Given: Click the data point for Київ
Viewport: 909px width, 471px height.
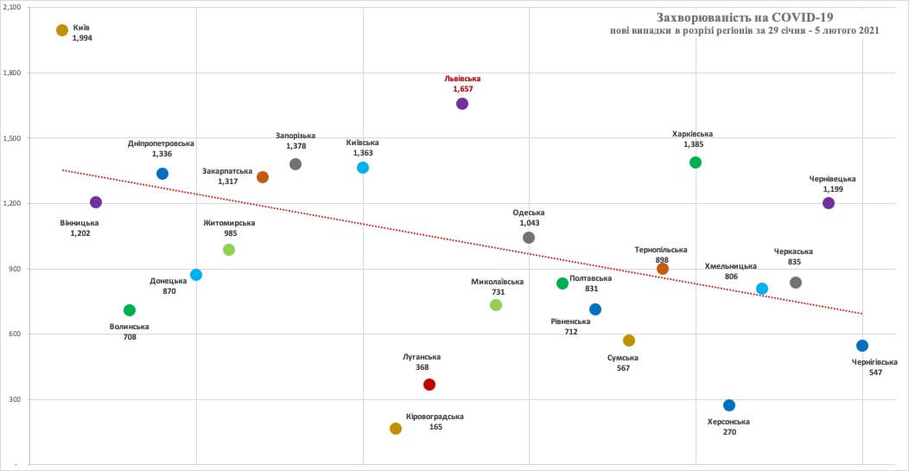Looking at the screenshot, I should click(x=62, y=30).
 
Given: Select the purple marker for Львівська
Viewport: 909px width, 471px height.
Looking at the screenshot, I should click(x=462, y=104).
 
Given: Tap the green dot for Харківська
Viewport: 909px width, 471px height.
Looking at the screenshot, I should click(x=696, y=162).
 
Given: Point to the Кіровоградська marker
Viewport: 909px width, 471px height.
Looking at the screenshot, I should click(x=396, y=429).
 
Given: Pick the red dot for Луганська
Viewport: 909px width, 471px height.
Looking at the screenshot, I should click(x=429, y=385).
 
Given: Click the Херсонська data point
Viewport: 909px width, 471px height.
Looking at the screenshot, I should click(x=729, y=405).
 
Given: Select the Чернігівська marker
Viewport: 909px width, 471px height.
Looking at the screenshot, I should click(x=862, y=346).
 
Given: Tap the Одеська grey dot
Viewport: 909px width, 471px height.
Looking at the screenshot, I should click(x=529, y=238).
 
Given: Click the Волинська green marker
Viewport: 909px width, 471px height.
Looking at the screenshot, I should click(x=130, y=310).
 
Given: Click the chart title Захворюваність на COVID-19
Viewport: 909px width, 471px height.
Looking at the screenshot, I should click(x=745, y=16).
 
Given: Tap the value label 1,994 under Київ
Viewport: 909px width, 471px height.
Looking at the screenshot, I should click(x=82, y=39).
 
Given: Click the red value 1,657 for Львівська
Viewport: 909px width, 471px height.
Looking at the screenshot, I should click(x=463, y=89).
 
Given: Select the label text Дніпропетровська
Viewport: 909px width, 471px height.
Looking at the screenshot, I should click(x=161, y=143).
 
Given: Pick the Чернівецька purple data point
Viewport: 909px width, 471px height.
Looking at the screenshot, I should click(x=829, y=203).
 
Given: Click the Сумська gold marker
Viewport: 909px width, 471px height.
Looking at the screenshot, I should click(x=629, y=341).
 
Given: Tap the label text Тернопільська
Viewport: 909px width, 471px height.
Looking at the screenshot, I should click(x=662, y=249).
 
